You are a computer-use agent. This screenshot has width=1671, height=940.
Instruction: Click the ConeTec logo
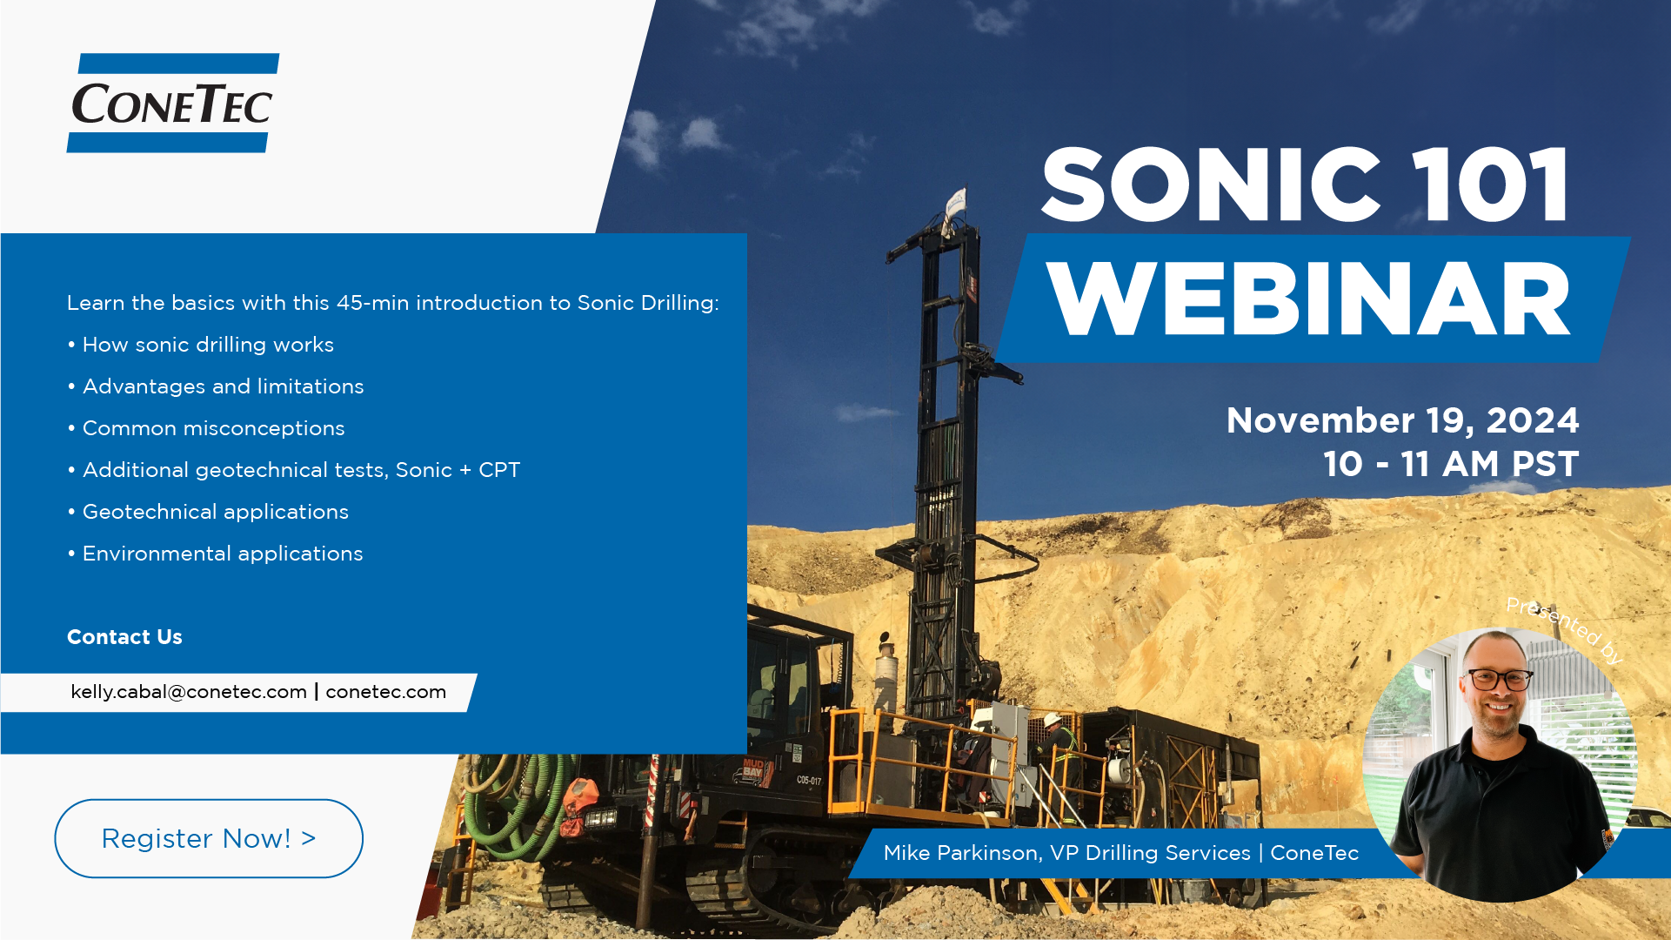(173, 103)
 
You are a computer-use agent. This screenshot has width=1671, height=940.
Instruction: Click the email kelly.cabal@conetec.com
(189, 692)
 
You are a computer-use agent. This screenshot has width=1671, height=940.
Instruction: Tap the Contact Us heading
(124, 637)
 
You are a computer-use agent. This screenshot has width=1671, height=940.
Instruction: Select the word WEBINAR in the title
(1308, 299)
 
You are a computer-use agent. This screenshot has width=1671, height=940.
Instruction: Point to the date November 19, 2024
(1402, 421)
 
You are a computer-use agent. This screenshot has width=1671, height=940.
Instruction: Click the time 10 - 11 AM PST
(1451, 464)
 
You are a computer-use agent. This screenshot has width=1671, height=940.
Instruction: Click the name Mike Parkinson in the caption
(961, 853)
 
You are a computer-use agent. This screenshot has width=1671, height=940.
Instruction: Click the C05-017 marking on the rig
(809, 780)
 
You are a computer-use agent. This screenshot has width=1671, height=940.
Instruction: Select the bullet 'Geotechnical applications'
(216, 512)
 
